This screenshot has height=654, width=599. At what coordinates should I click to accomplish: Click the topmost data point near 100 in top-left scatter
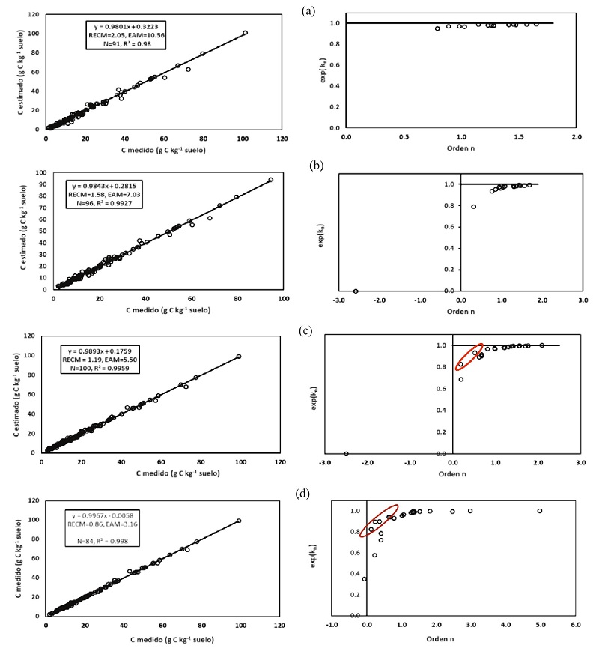coord(245,33)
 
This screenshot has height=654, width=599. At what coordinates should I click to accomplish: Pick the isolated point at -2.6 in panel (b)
coord(356,291)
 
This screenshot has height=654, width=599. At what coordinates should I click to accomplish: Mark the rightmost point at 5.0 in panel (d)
coord(540,511)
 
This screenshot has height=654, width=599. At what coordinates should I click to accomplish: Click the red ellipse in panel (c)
coord(469,357)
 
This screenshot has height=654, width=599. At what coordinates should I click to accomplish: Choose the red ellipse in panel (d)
coord(379,520)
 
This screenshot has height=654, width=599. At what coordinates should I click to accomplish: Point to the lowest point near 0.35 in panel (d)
coord(365,579)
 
